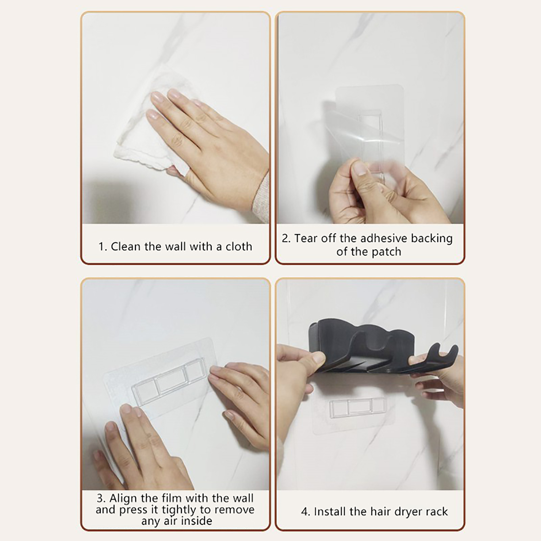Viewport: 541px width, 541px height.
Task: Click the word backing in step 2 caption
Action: click(432, 239)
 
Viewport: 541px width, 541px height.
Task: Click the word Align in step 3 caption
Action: click(124, 498)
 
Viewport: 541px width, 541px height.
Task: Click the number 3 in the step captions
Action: click(100, 498)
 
